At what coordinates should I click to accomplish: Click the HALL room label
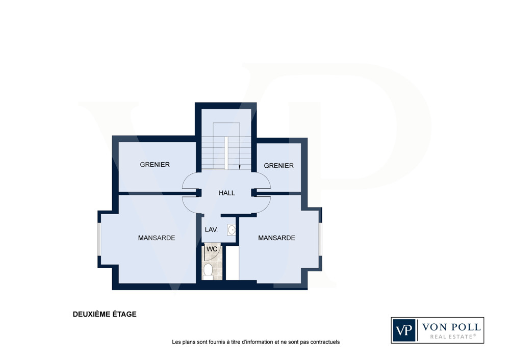[227, 193]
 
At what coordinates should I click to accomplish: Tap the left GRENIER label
[155, 165]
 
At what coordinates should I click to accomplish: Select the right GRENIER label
[279, 166]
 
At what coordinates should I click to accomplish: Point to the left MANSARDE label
[157, 238]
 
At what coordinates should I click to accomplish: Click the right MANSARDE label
[276, 238]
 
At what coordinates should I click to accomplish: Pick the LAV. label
[211, 230]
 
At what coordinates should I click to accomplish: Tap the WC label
[212, 249]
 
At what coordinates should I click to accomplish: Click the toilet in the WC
[208, 271]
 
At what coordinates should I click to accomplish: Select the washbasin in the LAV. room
[231, 230]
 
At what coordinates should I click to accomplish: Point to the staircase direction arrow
[240, 167]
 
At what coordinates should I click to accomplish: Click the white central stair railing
[226, 153]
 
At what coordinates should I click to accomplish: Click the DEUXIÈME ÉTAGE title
[105, 315]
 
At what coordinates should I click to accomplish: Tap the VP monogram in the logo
[403, 330]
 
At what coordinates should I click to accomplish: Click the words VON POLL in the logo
[451, 327]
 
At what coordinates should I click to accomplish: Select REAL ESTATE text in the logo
[453, 337]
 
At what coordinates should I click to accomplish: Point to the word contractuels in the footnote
[325, 342]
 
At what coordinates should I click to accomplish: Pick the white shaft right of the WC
[233, 263]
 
